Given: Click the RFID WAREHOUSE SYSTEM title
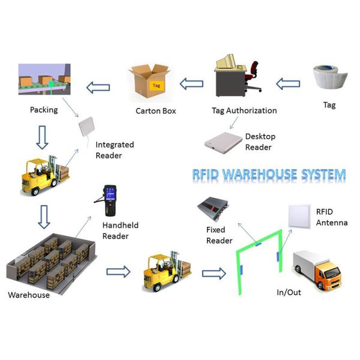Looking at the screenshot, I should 269,175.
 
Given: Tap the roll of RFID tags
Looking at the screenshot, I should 329,78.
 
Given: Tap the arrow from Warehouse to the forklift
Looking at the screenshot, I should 118,272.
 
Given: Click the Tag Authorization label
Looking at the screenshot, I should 244,110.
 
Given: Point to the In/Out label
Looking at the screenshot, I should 289,292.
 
